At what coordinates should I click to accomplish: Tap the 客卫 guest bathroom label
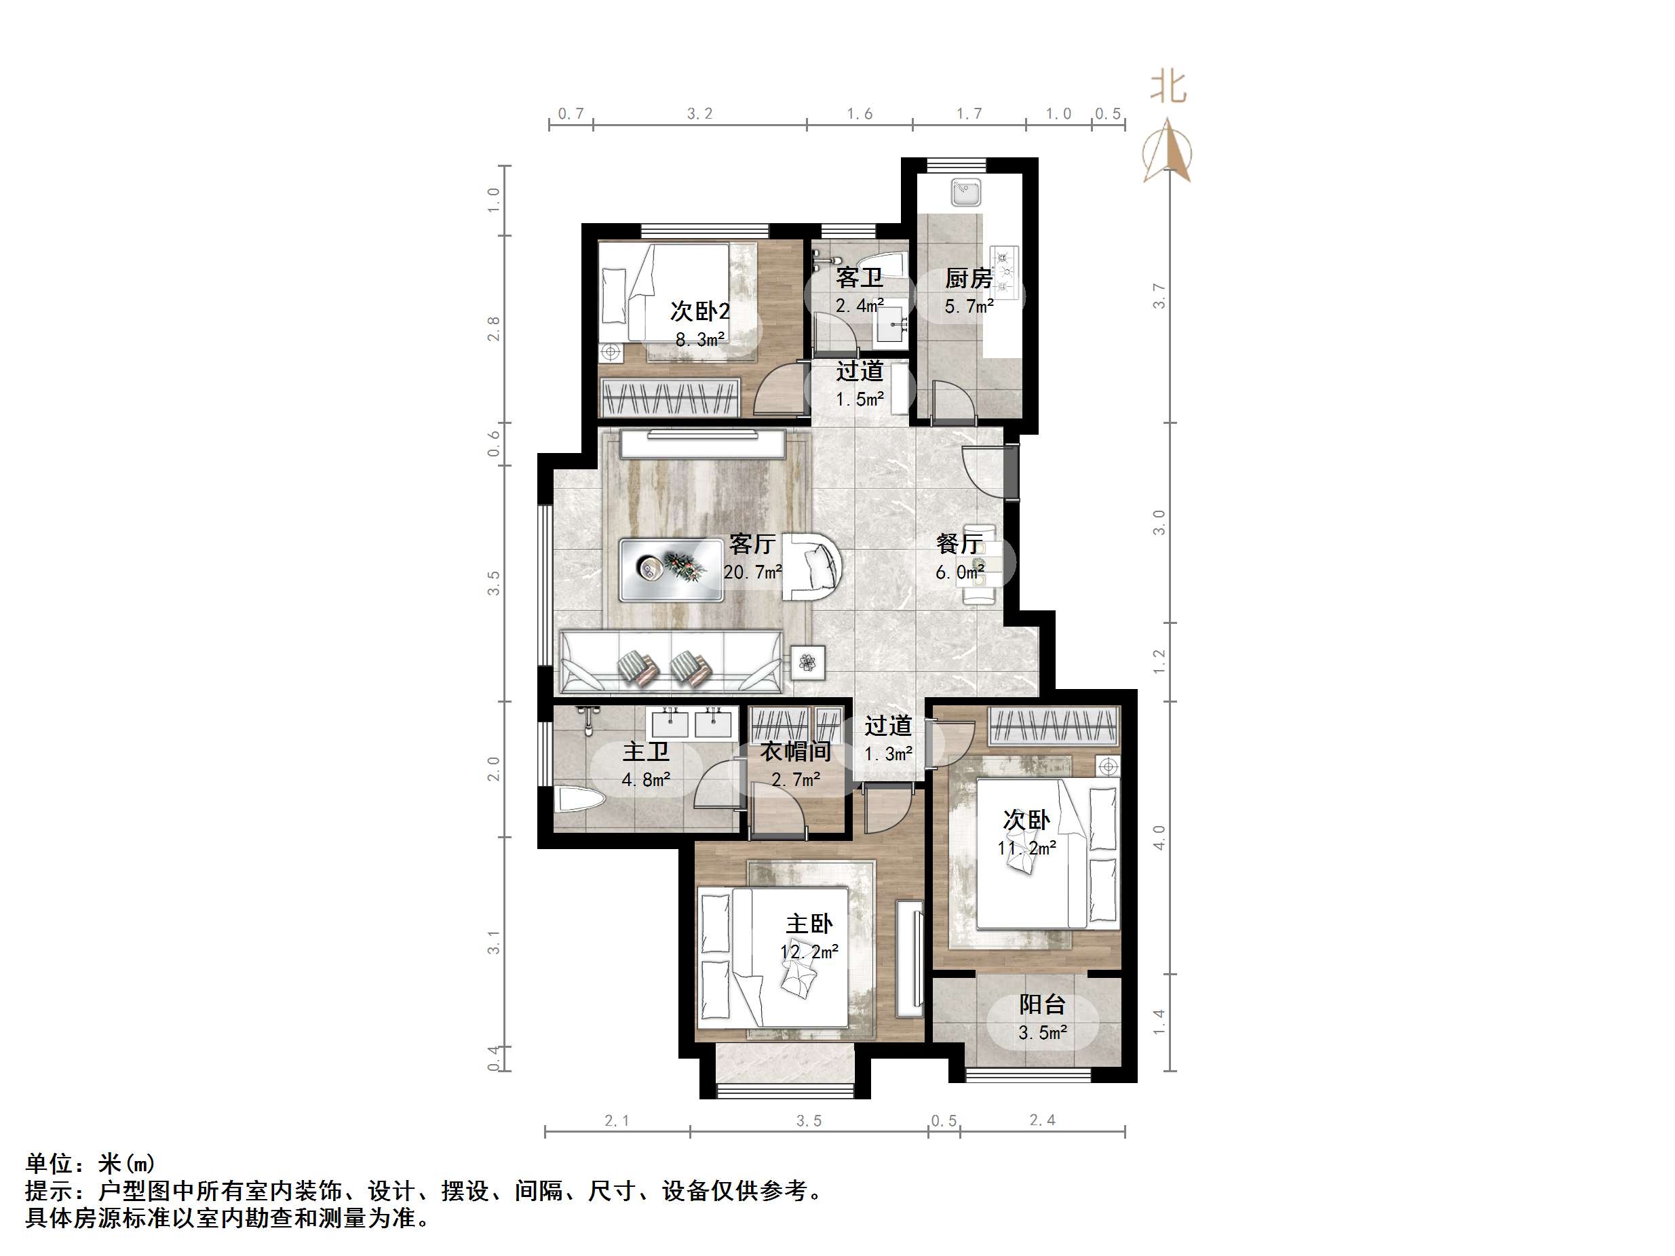tap(859, 278)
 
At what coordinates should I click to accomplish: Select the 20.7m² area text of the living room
tap(752, 572)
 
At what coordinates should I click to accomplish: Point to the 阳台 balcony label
tap(1042, 1004)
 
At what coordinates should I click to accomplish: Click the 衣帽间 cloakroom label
tap(795, 752)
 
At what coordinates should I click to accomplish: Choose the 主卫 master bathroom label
tap(646, 752)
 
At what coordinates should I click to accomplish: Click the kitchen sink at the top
tap(966, 193)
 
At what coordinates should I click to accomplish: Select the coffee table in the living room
tap(671, 569)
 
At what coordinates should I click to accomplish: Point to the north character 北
tap(1168, 87)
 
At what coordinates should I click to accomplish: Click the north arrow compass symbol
tap(1168, 151)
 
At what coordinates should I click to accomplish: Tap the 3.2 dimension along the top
tap(699, 113)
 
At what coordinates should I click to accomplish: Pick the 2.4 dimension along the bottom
tap(1042, 1120)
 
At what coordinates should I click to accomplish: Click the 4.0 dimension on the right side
tap(1159, 837)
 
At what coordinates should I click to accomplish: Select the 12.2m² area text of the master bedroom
tap(809, 952)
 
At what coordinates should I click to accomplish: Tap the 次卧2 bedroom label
tap(699, 311)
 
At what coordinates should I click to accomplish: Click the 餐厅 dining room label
tap(959, 544)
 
